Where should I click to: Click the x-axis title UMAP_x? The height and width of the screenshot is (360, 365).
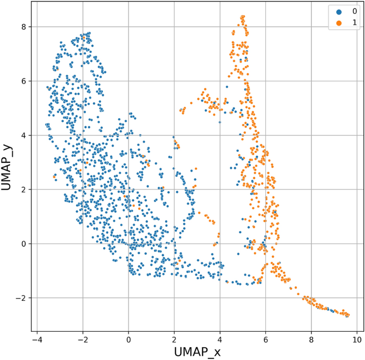point(197,352)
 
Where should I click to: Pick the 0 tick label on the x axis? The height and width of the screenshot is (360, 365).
point(128,339)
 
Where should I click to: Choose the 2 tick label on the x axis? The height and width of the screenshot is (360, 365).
point(174,339)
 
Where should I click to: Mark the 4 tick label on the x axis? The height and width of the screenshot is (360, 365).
point(220,339)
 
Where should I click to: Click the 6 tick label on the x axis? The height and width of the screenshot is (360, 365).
point(265,339)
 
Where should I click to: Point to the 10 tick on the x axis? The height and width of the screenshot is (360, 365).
point(356,339)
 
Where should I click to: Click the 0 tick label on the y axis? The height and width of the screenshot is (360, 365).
point(23,243)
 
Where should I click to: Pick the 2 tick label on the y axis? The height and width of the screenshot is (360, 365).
point(23,189)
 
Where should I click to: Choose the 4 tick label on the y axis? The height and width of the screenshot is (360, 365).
point(23,135)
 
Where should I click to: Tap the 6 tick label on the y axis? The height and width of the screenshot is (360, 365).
point(23,81)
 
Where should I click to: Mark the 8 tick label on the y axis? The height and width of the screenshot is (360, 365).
point(23,27)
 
